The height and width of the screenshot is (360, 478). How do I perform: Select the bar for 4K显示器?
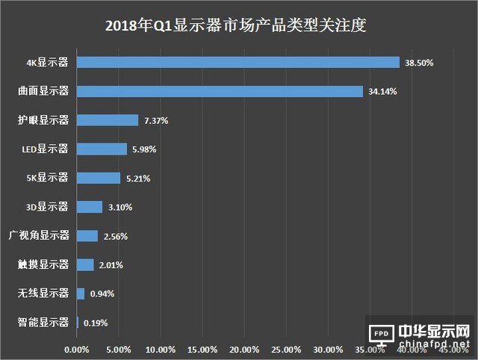click(238, 62)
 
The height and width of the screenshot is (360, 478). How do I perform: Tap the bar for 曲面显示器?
click(220, 91)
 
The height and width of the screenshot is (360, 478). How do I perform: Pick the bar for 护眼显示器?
click(108, 120)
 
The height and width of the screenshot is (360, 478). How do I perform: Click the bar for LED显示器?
click(102, 149)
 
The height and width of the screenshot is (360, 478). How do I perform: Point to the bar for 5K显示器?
click(99, 178)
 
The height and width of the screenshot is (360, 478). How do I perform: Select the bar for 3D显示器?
click(90, 207)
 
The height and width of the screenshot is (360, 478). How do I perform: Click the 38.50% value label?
click(419, 63)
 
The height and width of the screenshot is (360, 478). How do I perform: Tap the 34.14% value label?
click(383, 92)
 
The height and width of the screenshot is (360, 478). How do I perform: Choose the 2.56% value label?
click(116, 236)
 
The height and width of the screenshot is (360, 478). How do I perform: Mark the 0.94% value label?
click(102, 294)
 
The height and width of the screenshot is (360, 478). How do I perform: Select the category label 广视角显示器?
click(43, 236)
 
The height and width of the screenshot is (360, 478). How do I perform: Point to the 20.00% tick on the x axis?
click(245, 350)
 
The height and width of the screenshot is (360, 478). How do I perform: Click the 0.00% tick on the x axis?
click(77, 350)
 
